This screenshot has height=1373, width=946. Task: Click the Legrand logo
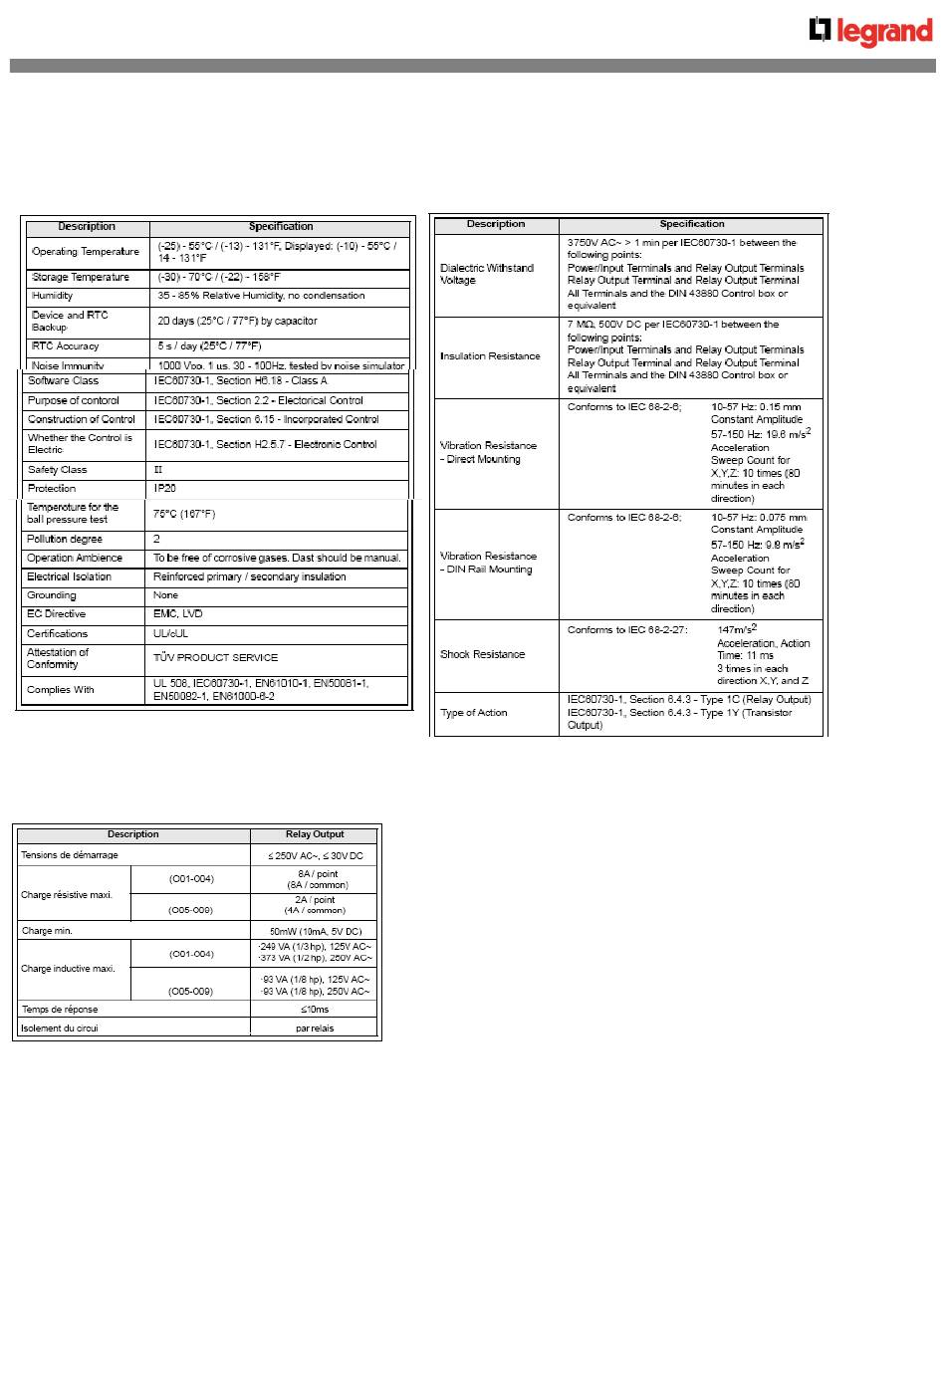click(870, 32)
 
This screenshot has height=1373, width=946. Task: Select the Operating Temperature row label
click(86, 252)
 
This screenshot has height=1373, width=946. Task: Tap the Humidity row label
click(53, 296)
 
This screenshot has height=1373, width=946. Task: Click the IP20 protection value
click(165, 489)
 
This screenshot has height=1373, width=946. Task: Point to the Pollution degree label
click(65, 539)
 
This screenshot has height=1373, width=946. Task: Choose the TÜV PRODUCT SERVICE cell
click(216, 657)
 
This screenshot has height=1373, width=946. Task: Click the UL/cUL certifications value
click(171, 633)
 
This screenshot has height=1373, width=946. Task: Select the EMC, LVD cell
click(178, 614)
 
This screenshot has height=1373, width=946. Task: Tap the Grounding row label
click(52, 595)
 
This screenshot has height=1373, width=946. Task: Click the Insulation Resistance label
click(490, 356)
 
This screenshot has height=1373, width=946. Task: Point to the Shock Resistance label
click(482, 654)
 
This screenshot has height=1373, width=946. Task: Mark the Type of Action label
click(474, 713)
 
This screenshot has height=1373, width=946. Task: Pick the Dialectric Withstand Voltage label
click(487, 274)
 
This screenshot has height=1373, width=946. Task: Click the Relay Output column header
click(315, 834)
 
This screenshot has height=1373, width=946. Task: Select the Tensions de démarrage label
click(70, 855)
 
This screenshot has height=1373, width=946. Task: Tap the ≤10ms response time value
click(315, 1010)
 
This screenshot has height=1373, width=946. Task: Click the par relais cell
click(315, 1029)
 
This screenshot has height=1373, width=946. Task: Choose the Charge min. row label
click(47, 931)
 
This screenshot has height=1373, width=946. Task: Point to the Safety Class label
click(58, 470)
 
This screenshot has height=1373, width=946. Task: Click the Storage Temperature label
click(81, 278)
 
